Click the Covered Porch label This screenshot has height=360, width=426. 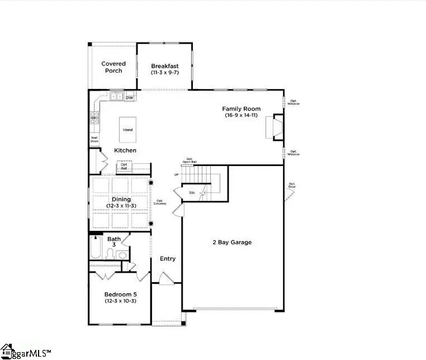coord(113,67)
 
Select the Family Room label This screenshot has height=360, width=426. coord(239,109)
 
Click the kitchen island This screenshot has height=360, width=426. coord(128,130)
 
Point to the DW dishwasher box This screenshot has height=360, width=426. coord(129,98)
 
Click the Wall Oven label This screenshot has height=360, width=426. coord(94,139)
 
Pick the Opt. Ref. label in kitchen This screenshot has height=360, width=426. coord(124,166)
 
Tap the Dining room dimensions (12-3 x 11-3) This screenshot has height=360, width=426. coord(121,206)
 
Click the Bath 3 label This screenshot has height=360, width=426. coord(114,242)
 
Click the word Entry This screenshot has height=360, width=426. coord(168,258)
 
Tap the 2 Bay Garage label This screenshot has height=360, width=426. coord(231,242)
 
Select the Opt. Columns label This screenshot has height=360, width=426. coord(160,202)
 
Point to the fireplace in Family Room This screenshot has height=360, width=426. coord(277,127)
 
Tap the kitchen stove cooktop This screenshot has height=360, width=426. coord(94,118)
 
